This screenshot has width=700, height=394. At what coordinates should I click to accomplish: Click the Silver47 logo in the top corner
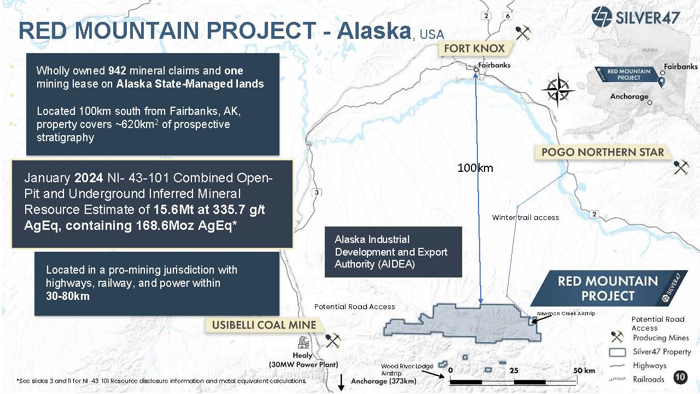coord(635,16)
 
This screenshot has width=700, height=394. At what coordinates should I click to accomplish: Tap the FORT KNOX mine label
coord(474,49)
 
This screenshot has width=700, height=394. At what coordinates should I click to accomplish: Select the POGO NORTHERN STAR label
coord(603,152)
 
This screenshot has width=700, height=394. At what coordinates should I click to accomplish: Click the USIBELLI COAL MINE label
coord(264,325)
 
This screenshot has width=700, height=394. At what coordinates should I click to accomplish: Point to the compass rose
coord(558,90)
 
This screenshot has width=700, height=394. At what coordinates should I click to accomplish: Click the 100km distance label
coord(475,168)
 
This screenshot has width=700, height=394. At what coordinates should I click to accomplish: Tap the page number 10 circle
coord(680,377)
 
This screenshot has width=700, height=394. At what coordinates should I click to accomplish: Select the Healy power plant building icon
coord(303,342)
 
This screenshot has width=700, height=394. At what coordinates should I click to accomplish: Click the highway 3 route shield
coord(317,192)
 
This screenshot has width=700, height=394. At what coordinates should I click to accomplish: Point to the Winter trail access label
coord(526,218)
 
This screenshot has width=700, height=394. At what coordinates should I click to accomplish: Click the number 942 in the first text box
coord(117,71)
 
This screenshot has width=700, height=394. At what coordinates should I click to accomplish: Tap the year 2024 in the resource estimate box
coord(89,178)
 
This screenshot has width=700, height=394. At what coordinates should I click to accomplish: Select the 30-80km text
coord(67,296)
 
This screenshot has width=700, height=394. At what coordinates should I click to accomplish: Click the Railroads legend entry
coord(649,379)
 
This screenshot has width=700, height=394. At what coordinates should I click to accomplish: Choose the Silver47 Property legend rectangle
coord(617,352)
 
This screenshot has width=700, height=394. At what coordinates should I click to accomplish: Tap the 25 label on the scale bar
coord(514,371)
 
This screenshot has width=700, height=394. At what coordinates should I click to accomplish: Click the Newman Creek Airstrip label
coord(566,314)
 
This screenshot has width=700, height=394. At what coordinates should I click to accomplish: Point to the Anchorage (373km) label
coord(383,381)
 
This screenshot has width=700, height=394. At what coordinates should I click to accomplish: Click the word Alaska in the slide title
coord(374,31)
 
